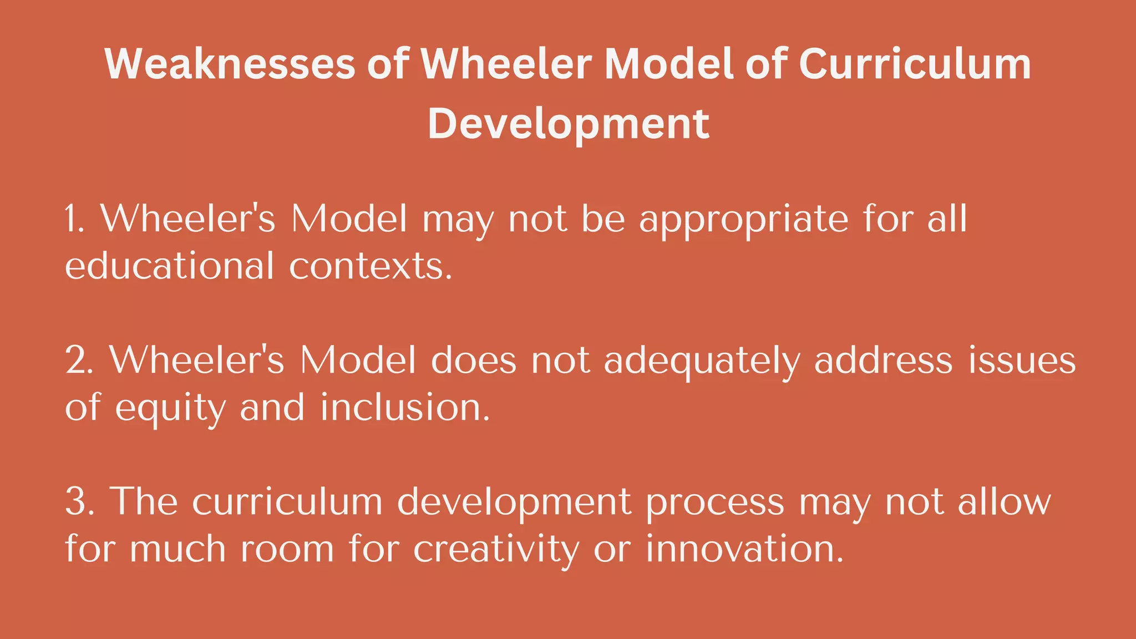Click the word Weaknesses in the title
coord(229,64)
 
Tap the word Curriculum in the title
coord(915,64)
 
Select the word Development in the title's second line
coord(568,123)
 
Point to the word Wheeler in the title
coord(506,64)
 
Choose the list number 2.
coord(78,360)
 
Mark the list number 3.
coord(78,501)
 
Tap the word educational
coord(169,266)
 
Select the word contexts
coord(370,267)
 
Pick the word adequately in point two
coord(702,361)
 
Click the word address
coord(883,360)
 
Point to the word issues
coord(1022,360)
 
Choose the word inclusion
coord(405,407)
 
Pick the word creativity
coord(495,550)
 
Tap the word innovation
coord(744,549)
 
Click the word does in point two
coord(473,360)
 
